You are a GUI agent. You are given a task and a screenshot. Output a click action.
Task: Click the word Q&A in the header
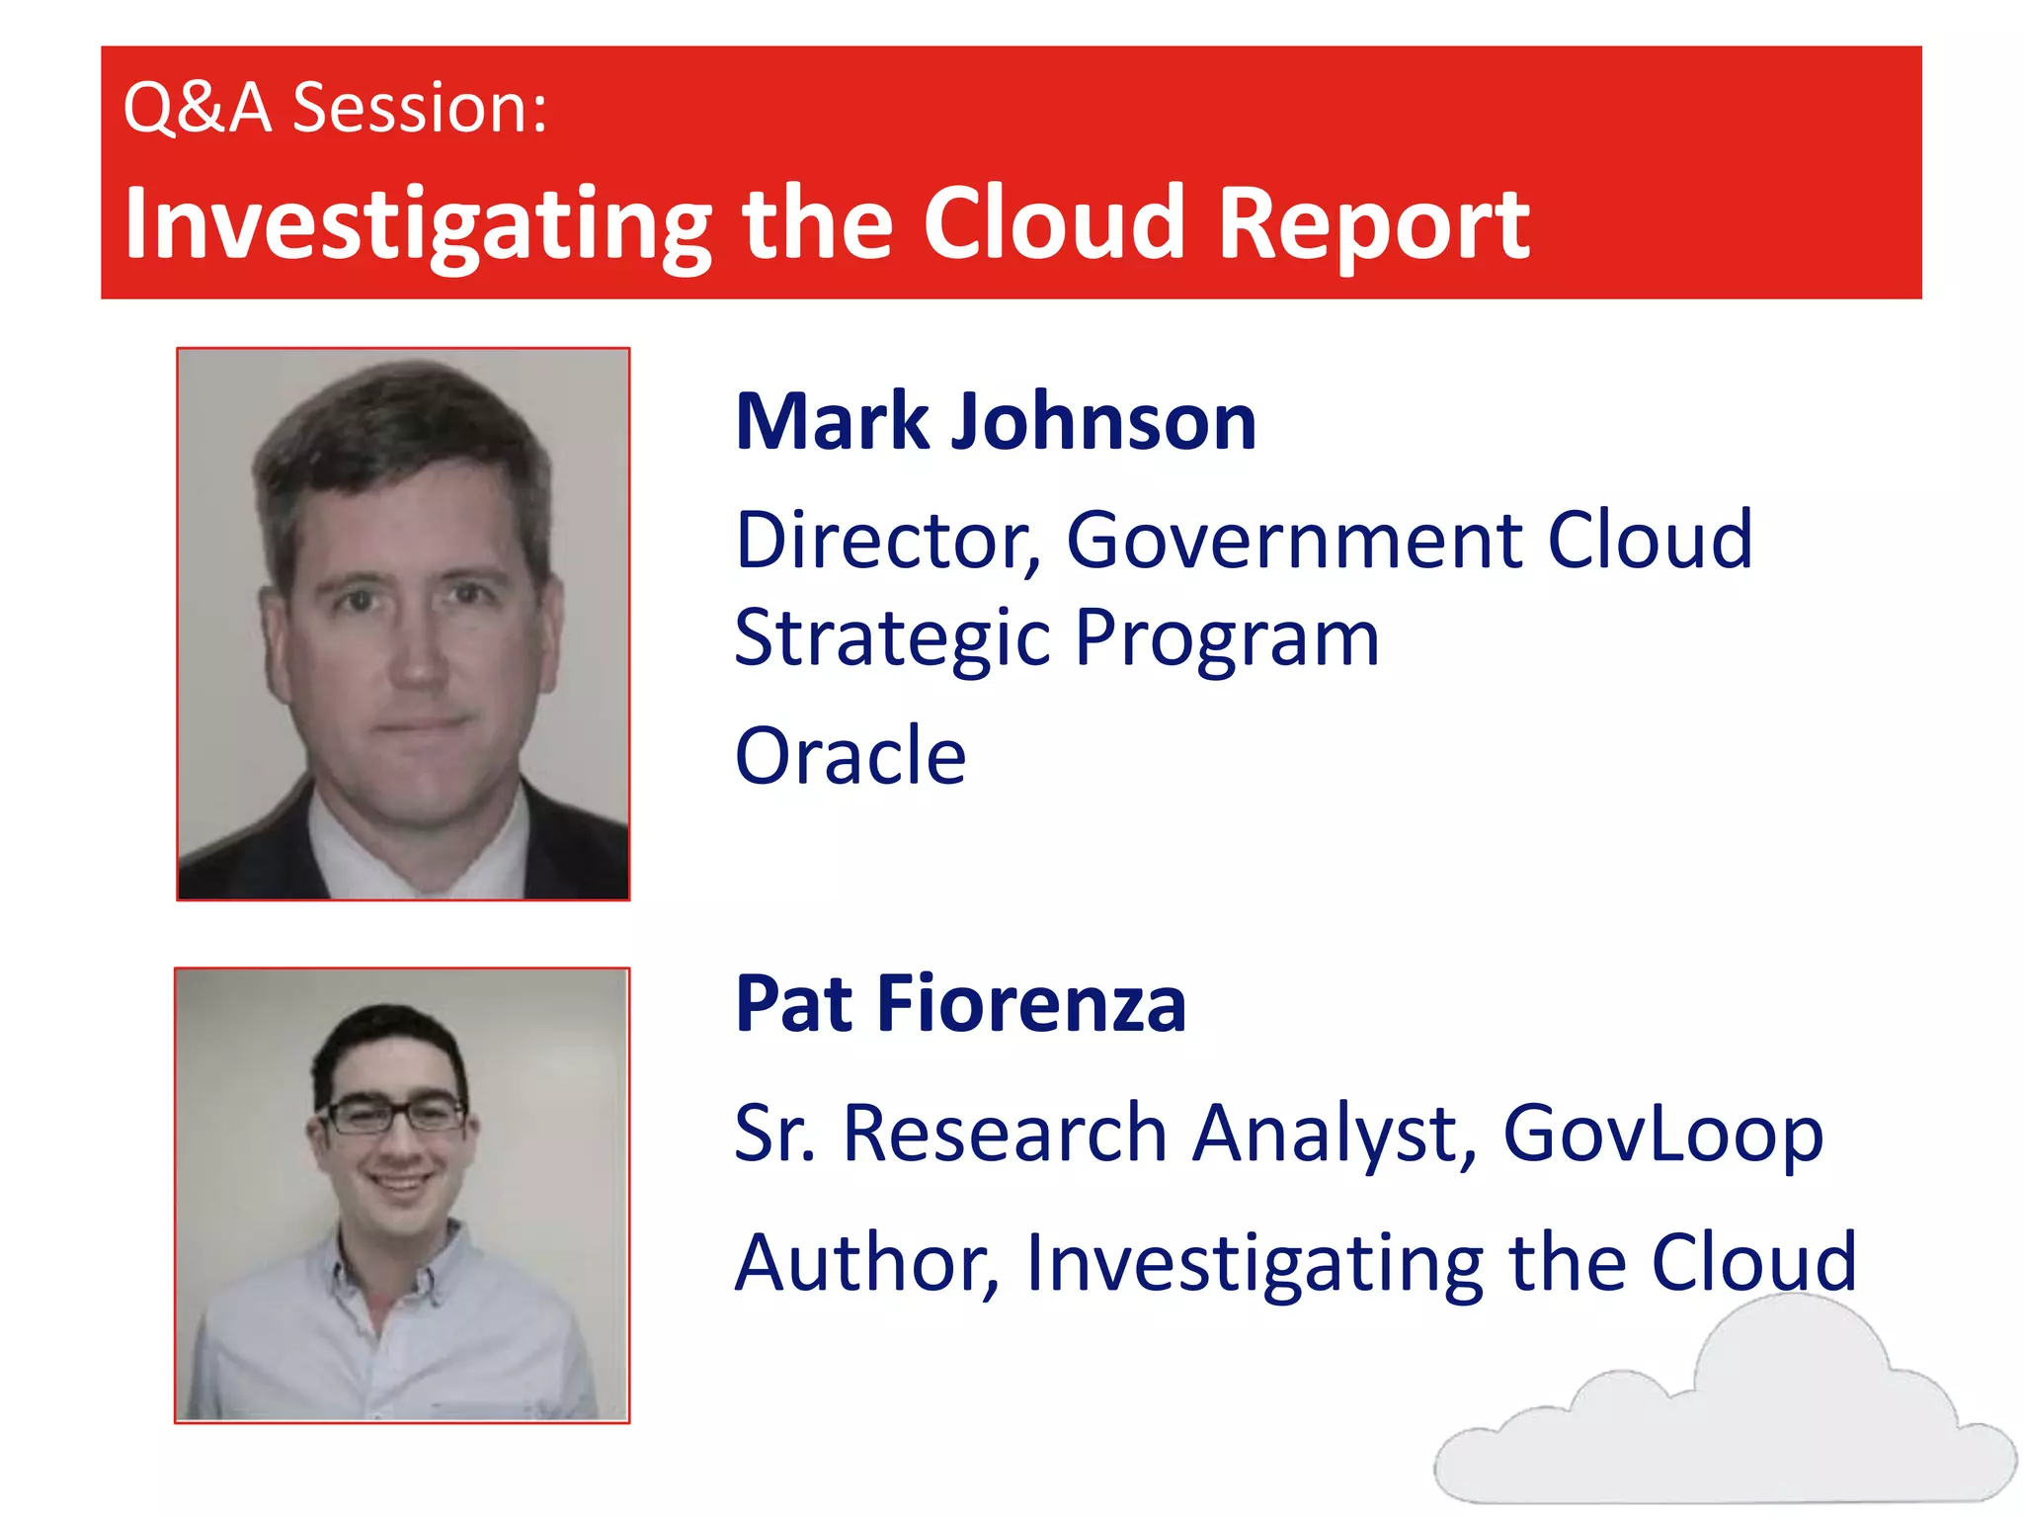(x=197, y=108)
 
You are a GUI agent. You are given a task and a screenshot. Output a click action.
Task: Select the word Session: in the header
(x=420, y=108)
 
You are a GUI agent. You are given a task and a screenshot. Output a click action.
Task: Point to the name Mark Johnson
(x=996, y=422)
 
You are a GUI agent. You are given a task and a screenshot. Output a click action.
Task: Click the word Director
(x=888, y=541)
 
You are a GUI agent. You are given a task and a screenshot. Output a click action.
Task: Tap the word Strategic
(x=893, y=639)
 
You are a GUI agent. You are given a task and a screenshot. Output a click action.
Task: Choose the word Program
(x=1227, y=639)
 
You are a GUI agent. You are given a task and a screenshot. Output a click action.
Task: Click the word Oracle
(x=850, y=756)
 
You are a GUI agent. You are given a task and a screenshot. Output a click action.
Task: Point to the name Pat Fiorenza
(x=960, y=1004)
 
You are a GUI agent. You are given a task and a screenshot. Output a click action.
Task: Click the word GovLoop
(x=1662, y=1134)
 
